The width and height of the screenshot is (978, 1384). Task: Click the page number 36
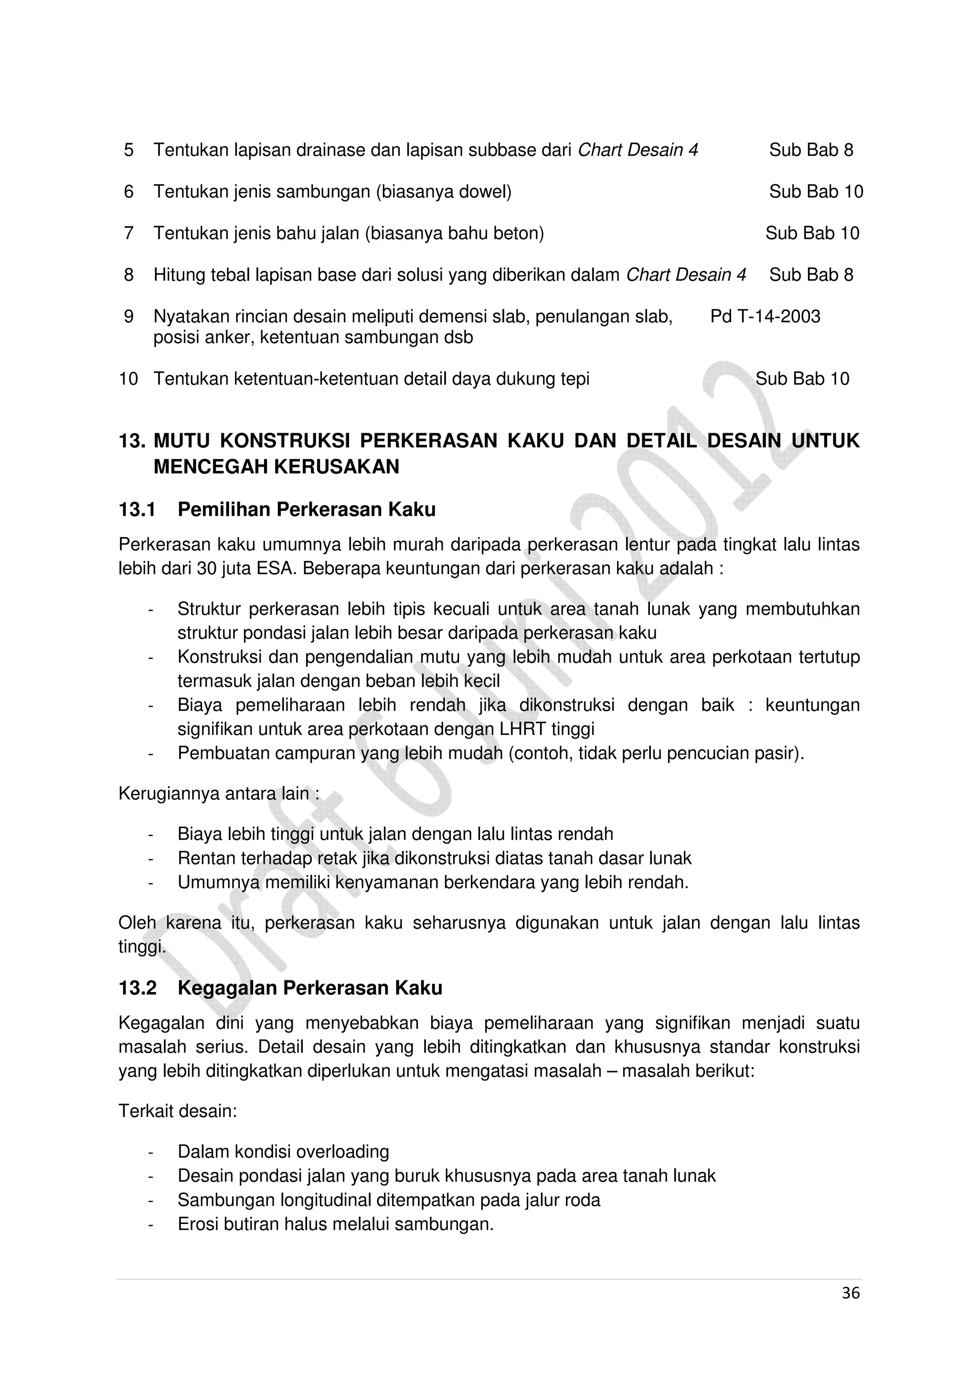point(850,1293)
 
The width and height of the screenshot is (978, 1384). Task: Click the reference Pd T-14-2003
point(765,317)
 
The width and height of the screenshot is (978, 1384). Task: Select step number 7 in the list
point(128,233)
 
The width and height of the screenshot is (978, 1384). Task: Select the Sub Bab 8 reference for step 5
point(810,150)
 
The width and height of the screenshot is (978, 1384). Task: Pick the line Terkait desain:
point(178,1111)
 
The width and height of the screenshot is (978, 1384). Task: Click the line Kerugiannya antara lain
point(218,794)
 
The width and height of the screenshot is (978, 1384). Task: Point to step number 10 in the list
point(128,379)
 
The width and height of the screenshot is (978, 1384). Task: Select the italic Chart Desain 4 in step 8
point(686,275)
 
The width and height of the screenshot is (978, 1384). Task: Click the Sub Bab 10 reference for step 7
point(812,233)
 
